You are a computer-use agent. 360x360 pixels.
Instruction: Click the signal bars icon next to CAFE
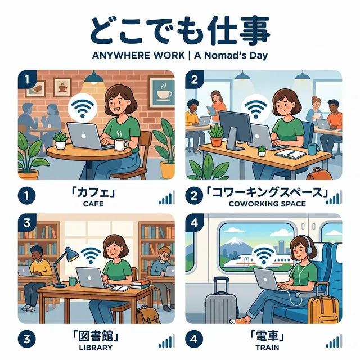[166, 197]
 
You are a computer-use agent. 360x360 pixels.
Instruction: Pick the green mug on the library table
[73, 280]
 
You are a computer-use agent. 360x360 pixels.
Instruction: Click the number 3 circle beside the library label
[26, 340]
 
